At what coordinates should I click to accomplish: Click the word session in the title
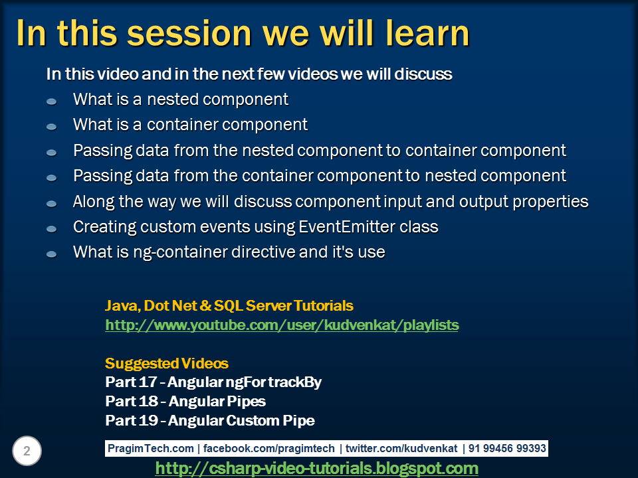(x=189, y=34)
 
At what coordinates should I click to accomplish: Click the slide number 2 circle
(x=27, y=451)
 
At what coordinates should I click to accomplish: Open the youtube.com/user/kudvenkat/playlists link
(x=282, y=325)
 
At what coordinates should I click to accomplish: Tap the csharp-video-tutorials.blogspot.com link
(x=316, y=468)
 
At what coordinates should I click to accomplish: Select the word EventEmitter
(x=347, y=227)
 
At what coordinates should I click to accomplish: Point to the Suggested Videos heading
(x=167, y=363)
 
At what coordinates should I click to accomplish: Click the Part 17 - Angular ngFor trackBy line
(x=213, y=382)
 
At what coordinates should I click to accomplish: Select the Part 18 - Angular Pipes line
(x=185, y=401)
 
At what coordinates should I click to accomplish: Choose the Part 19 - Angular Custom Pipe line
(x=210, y=420)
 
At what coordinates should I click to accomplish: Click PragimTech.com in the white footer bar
(x=151, y=448)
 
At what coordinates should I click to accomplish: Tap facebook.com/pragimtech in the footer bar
(x=269, y=448)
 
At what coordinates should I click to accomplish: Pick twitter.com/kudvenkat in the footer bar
(x=401, y=448)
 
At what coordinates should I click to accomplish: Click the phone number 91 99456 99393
(x=507, y=448)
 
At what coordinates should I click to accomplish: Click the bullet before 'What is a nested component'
(x=52, y=101)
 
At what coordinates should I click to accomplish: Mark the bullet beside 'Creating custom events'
(x=52, y=229)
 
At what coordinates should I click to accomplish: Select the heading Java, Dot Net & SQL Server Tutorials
(x=229, y=305)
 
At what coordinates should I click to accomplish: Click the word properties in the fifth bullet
(x=550, y=202)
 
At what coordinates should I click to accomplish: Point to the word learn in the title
(x=427, y=34)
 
